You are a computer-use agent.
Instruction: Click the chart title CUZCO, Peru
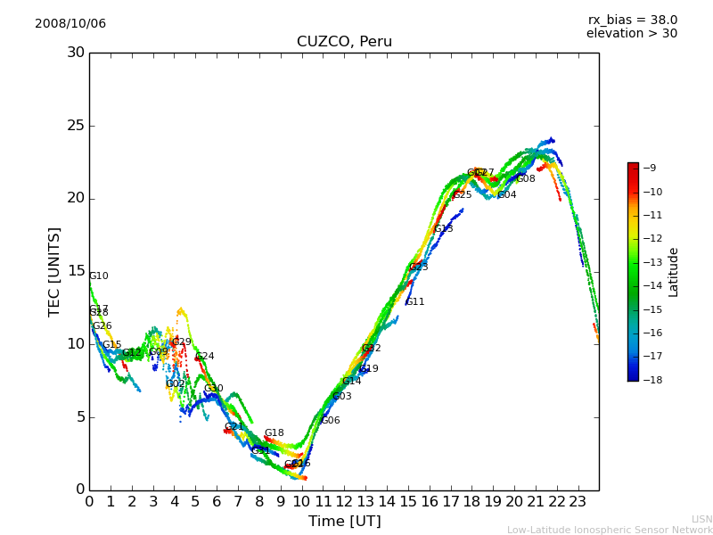pyautogui.click(x=344, y=42)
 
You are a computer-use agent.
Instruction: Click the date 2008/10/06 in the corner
pyautogui.click(x=70, y=24)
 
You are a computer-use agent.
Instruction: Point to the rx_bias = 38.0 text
pyautogui.click(x=632, y=21)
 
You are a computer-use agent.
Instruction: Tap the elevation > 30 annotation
pyautogui.click(x=631, y=34)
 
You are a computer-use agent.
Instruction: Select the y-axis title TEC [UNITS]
pyautogui.click(x=55, y=271)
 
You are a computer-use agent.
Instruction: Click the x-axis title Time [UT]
pyautogui.click(x=344, y=522)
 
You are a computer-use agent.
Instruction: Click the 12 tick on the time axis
pyautogui.click(x=344, y=501)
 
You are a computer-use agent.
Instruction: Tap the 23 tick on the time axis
pyautogui.click(x=578, y=501)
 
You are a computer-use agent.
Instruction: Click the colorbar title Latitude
pyautogui.click(x=674, y=272)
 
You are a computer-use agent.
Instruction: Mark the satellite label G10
pyautogui.click(x=98, y=276)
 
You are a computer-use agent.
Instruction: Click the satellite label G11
pyautogui.click(x=415, y=302)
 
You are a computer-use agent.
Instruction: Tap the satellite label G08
pyautogui.click(x=526, y=179)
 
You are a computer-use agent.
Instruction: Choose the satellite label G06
pyautogui.click(x=331, y=421)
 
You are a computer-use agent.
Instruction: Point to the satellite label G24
pyautogui.click(x=205, y=357)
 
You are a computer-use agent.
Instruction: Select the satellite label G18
pyautogui.click(x=274, y=433)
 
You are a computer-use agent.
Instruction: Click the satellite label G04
pyautogui.click(x=507, y=195)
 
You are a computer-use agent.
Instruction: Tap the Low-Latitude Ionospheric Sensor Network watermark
pyautogui.click(x=610, y=531)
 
